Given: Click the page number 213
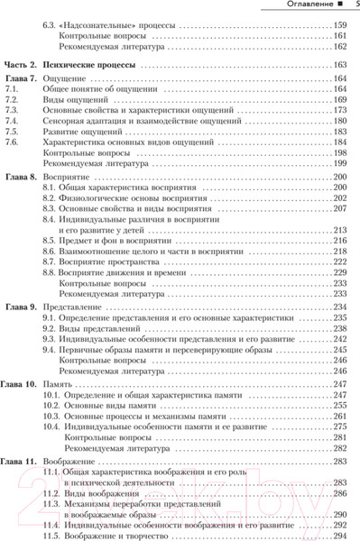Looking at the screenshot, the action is (340, 231).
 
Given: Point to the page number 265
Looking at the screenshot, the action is (340, 409).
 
